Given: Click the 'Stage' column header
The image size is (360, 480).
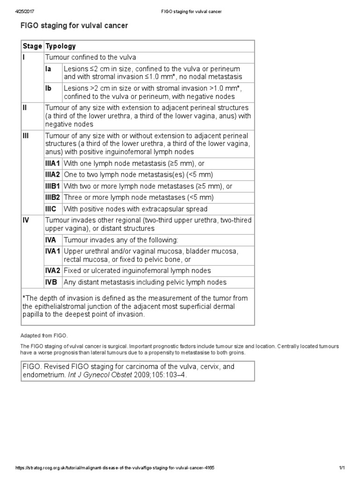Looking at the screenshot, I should click(32, 46).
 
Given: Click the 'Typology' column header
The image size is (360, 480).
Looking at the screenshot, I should click(60, 46).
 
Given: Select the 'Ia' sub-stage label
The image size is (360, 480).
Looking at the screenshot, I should click(48, 69).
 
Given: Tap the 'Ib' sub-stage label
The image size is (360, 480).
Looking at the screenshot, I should click(48, 88).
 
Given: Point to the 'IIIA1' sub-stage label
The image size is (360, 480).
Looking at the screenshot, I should click(52, 164).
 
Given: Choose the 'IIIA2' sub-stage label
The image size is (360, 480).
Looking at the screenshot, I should click(52, 175).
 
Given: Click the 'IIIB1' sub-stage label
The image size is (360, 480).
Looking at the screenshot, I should click(52, 186).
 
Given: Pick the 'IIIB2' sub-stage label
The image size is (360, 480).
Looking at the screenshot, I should click(52, 197).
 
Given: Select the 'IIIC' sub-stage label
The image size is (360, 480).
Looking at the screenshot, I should click(51, 209).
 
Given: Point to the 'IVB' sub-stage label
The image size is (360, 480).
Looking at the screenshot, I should click(51, 282).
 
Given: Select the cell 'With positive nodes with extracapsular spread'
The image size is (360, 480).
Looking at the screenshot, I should click(135, 209).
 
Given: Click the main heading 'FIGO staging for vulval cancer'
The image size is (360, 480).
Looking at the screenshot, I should click(74, 26).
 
